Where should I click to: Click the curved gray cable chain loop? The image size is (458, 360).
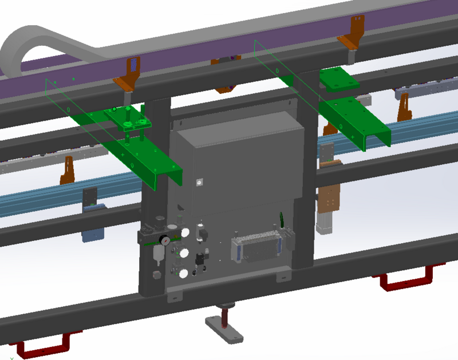(23, 49)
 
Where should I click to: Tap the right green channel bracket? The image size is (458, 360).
(355, 123)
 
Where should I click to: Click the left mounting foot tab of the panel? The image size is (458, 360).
(174, 298)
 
